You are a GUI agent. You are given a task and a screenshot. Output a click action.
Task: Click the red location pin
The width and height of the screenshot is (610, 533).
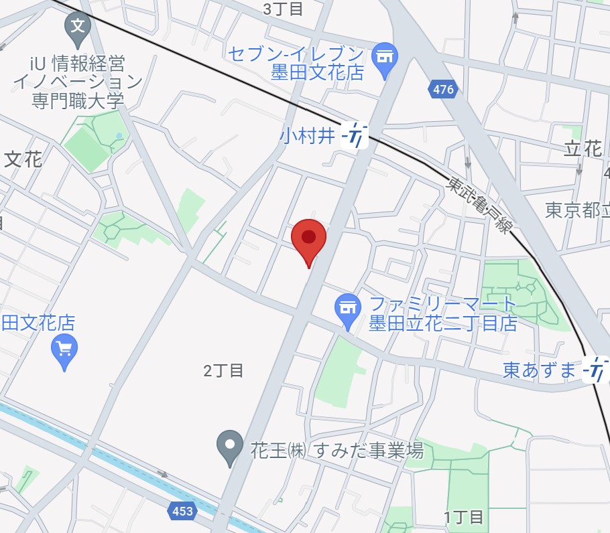[308, 238]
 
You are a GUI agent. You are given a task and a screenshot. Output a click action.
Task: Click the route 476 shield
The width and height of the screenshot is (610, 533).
[443, 89]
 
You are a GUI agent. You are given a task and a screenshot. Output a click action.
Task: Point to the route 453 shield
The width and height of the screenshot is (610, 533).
[182, 512]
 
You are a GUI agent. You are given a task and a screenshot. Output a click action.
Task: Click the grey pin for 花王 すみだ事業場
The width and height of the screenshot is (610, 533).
[231, 446]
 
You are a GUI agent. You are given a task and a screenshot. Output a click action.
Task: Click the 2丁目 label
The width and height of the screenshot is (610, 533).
[223, 370]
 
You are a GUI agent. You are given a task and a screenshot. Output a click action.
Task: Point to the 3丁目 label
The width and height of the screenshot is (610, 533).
[283, 9]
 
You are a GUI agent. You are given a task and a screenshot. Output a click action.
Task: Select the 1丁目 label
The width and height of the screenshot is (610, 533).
[463, 517]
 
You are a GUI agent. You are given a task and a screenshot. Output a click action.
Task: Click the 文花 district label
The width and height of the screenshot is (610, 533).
[23, 159]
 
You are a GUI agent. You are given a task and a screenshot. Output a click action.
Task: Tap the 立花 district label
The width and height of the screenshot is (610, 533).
[583, 149]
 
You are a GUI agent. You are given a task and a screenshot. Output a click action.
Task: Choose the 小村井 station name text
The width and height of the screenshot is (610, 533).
[307, 136]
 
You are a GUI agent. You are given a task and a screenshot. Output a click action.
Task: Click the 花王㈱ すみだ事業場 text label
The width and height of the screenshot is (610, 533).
[337, 450]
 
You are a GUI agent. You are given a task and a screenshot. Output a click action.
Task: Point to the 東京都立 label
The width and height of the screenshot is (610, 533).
[576, 210]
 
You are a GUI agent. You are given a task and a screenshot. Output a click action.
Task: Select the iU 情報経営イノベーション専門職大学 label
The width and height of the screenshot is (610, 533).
[78, 82]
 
